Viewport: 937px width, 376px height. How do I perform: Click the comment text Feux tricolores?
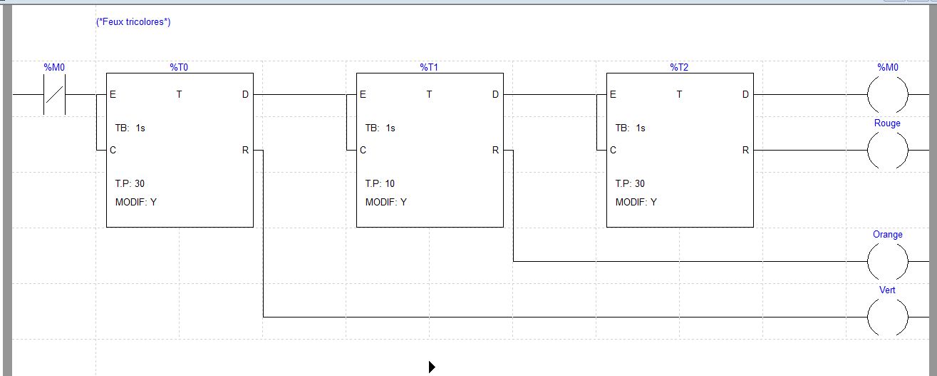point(133,22)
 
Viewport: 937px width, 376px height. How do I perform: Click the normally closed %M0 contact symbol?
point(55,94)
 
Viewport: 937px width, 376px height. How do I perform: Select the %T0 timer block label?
point(179,67)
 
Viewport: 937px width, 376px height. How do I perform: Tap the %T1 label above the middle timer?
point(429,67)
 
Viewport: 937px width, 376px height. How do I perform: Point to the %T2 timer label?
point(679,67)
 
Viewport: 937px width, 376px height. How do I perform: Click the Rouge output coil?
point(887,151)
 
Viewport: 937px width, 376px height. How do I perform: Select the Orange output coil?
point(887,262)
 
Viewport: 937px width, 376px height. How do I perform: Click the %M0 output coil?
point(887,94)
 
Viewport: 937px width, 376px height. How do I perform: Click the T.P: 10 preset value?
point(380,184)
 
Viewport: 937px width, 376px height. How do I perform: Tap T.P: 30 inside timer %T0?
point(130,184)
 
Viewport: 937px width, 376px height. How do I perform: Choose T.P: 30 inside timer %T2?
point(630,184)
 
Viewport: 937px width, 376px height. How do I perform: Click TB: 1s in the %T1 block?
point(380,128)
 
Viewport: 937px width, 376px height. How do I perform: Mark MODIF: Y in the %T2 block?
point(636,203)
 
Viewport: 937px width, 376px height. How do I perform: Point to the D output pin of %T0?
point(246,95)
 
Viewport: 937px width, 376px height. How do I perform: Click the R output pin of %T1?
point(496,151)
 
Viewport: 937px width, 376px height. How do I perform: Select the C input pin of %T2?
point(613,151)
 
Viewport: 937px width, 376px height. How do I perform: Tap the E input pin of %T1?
point(363,95)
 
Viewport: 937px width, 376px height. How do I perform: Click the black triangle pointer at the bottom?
point(432,367)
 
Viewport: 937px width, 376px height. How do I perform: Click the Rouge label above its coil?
point(887,123)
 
